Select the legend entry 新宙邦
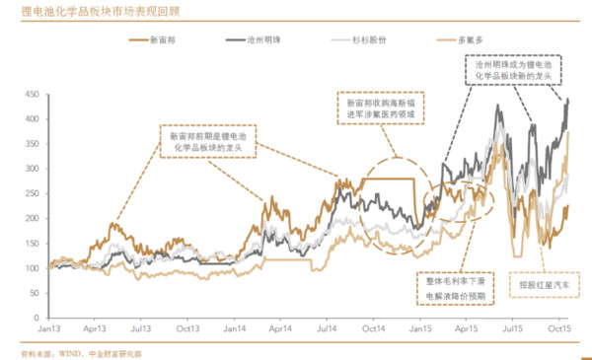click(165, 41)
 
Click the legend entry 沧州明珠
click(266, 41)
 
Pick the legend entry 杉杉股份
click(368, 41)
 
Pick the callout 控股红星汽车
click(542, 285)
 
